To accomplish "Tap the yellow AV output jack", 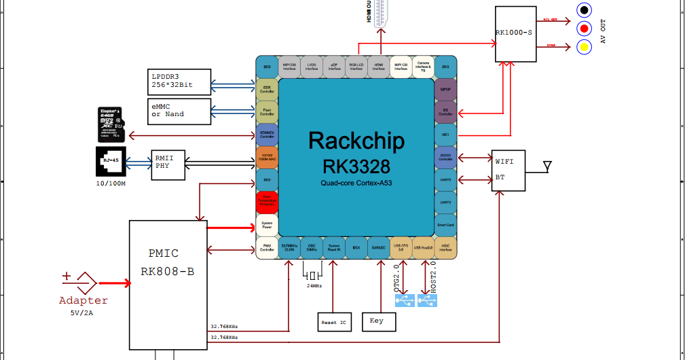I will (583, 47).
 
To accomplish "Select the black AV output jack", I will (583, 10).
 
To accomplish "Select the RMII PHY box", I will (168, 164).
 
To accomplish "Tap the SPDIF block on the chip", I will (445, 90).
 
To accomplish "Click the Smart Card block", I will (445, 225).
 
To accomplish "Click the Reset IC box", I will (335, 322).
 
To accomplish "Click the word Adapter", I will (84, 300).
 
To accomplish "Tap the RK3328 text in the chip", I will (356, 166).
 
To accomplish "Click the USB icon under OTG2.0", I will (405, 300).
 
